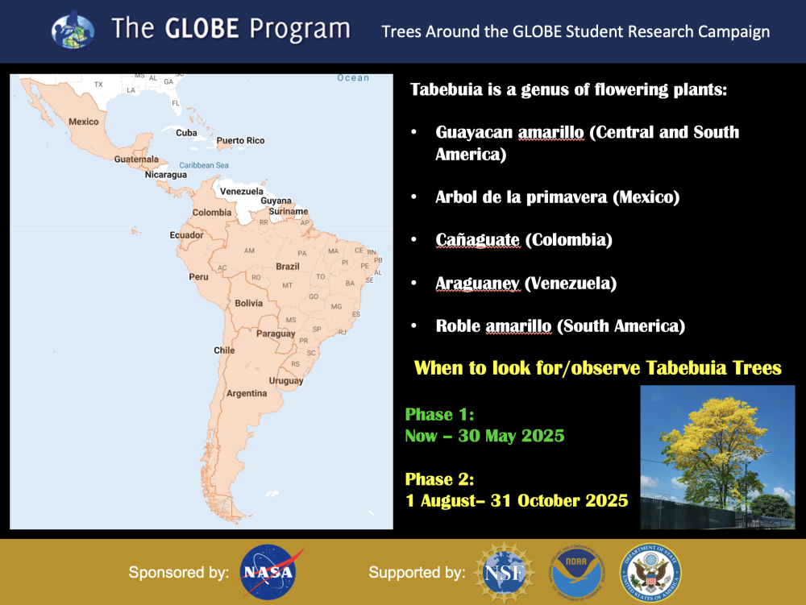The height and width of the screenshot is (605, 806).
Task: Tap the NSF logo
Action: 505,572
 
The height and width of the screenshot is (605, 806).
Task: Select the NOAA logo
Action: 577,573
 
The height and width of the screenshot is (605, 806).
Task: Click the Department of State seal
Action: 650,573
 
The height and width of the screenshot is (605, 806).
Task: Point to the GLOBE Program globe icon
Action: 73,31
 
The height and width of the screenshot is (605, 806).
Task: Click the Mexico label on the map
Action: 84,122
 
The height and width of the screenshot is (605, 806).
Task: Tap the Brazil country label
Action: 288,267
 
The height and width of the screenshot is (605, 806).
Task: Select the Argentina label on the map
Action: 247,393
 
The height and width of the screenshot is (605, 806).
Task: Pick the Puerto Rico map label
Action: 240,141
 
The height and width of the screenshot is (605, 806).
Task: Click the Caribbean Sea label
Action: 204,165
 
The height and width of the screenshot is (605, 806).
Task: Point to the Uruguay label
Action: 286,380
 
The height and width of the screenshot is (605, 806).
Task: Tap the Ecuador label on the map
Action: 187,235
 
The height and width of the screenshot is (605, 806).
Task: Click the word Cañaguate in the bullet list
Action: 477,240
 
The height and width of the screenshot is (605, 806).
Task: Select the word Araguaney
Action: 477,284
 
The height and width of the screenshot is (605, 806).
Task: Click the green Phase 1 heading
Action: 439,414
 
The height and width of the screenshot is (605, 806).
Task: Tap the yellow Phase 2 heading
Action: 439,479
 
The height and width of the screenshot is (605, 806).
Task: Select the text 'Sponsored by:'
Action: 179,572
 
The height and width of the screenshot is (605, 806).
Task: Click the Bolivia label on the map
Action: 249,304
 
